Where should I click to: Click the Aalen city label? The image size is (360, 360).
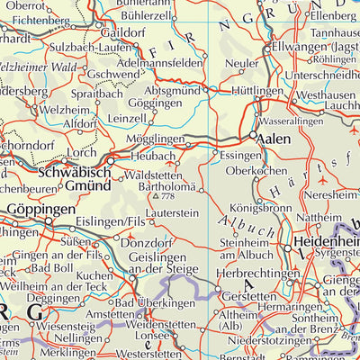(x=274, y=141)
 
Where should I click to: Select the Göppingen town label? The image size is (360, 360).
(x=40, y=209)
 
